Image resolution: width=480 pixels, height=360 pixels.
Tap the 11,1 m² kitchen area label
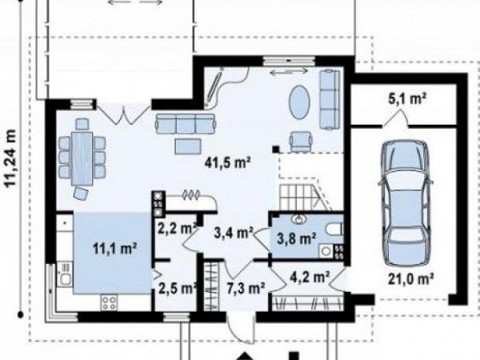tap(114, 249)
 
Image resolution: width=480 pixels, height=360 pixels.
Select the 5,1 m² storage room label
tap(407, 99)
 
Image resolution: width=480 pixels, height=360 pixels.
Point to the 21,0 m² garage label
tap(411, 279)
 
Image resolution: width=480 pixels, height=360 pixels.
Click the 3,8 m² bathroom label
tap(296, 238)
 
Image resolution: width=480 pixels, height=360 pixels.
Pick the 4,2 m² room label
tap(310, 278)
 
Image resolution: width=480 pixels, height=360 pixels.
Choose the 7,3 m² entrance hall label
tap(246, 288)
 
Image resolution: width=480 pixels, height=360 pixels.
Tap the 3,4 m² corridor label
tap(233, 233)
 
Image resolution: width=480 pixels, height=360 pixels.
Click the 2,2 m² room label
tap(177, 228)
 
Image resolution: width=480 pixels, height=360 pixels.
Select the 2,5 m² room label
tap(178, 288)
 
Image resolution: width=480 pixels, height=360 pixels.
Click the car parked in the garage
tap(406, 202)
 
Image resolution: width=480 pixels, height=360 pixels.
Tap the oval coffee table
tap(300, 102)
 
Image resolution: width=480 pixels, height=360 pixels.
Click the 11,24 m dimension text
tap(10, 158)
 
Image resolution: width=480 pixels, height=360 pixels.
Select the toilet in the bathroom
tap(334, 229)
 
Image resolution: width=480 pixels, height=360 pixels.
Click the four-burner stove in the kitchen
tap(109, 302)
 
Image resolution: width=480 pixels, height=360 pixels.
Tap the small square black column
tap(276, 150)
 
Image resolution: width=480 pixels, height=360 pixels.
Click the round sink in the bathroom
tap(298, 219)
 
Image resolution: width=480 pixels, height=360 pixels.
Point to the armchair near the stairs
tap(301, 142)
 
